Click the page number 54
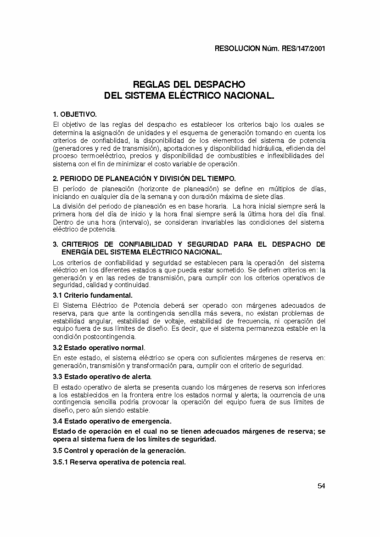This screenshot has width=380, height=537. (x=321, y=486)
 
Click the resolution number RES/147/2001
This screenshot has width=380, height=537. (x=303, y=49)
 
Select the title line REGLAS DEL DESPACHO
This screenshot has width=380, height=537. (x=189, y=85)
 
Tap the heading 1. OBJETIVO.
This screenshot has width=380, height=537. (x=75, y=114)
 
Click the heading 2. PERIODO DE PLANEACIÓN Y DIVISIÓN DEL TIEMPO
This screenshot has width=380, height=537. (x=145, y=178)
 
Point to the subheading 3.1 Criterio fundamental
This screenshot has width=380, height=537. (x=93, y=295)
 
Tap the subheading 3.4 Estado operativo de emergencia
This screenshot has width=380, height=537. (x=112, y=421)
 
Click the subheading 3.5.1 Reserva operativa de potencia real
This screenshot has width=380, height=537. (x=119, y=462)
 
